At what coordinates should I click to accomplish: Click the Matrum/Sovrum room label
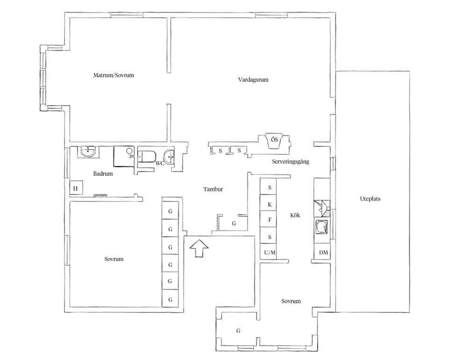pyautogui.click(x=114, y=75)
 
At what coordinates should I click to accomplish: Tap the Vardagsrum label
pyautogui.click(x=253, y=79)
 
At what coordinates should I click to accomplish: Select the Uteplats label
pyautogui.click(x=370, y=198)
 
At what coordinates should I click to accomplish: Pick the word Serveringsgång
pyautogui.click(x=290, y=161)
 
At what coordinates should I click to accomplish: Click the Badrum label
pyautogui.click(x=103, y=173)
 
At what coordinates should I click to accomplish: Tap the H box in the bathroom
pyautogui.click(x=75, y=189)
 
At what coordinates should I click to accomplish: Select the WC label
pyautogui.click(x=159, y=163)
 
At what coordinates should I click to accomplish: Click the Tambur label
pyautogui.click(x=213, y=189)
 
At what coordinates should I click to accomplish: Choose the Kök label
pyautogui.click(x=294, y=215)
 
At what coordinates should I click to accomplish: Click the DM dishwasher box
pyautogui.click(x=323, y=252)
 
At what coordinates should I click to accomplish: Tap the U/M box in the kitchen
pyautogui.click(x=270, y=252)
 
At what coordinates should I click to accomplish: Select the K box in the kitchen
pyautogui.click(x=270, y=204)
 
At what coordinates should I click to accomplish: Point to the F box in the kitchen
pyautogui.click(x=270, y=219)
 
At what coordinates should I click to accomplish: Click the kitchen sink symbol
pyautogui.click(x=322, y=228)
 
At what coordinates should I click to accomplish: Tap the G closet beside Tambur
pyautogui.click(x=234, y=223)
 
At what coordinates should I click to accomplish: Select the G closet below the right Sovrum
pyautogui.click(x=238, y=331)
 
